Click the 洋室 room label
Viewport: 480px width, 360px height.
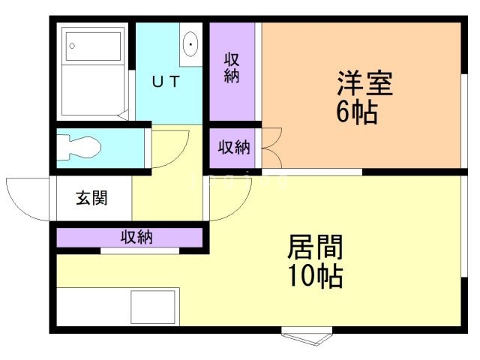coord(364,83)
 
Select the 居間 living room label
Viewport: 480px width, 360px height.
coord(316,247)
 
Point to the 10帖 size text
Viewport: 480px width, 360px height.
coord(316,277)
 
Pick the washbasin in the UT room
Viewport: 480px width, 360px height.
coord(190,44)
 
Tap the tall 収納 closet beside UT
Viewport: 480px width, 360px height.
coord(232,69)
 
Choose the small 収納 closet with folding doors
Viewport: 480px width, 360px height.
coord(233,147)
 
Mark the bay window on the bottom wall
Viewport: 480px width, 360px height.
coord(305,336)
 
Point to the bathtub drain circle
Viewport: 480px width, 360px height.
coord(72,46)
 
